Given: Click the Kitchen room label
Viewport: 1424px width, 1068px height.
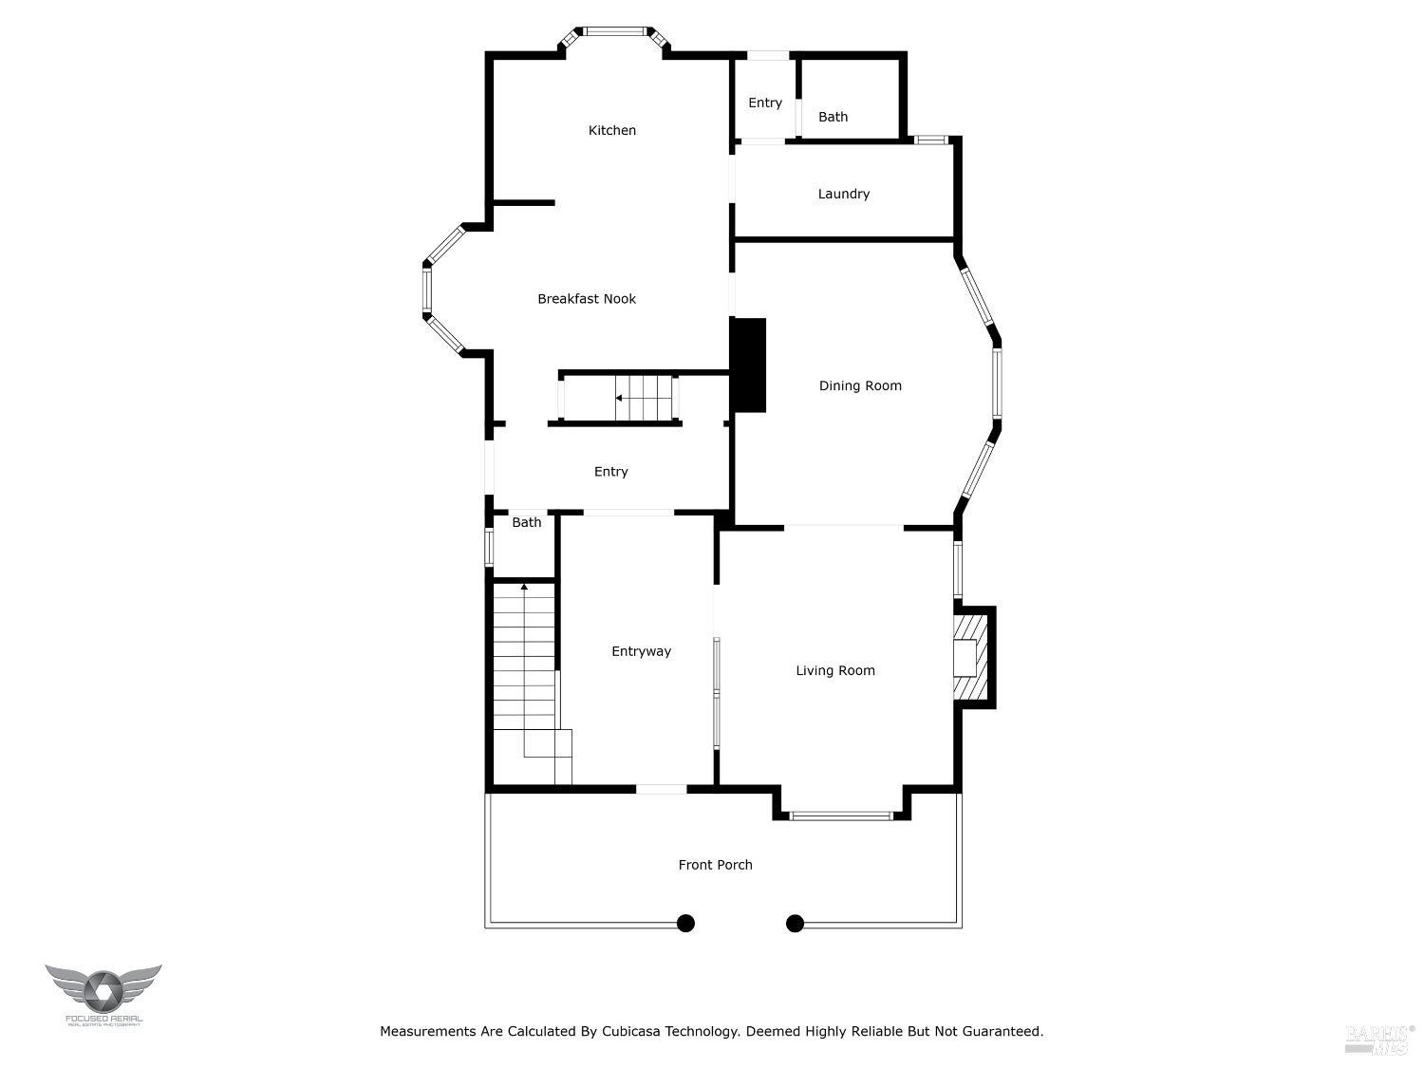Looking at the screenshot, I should click(x=612, y=131).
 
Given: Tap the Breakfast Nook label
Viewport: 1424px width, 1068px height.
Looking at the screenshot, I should click(x=587, y=299).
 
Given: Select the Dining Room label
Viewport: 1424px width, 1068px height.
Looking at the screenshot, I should click(x=860, y=385).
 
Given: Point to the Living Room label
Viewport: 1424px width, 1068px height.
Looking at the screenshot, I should click(x=835, y=671).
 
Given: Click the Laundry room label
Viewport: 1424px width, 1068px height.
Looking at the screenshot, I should click(x=844, y=194).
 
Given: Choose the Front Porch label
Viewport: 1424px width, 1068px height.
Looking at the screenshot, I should click(x=715, y=865).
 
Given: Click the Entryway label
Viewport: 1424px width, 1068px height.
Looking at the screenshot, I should click(x=641, y=651).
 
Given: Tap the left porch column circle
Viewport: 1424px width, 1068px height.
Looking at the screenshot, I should click(x=685, y=923).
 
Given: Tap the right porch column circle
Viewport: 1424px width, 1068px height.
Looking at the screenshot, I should click(x=796, y=923).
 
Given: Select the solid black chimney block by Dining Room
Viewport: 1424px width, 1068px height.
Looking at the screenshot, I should click(x=749, y=365).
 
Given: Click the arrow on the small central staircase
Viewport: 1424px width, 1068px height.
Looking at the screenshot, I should click(x=620, y=398).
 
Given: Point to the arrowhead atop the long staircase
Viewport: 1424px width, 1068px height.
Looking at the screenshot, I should click(x=524, y=587).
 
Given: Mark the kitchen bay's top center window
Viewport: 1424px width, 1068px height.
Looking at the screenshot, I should click(x=613, y=31).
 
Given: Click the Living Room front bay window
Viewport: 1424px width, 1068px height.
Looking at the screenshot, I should click(x=841, y=815).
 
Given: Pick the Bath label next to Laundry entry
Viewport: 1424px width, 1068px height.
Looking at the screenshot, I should click(x=834, y=117).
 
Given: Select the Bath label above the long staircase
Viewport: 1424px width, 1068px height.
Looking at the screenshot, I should click(x=527, y=523).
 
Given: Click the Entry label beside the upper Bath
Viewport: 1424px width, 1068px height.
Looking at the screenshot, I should click(x=765, y=103).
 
